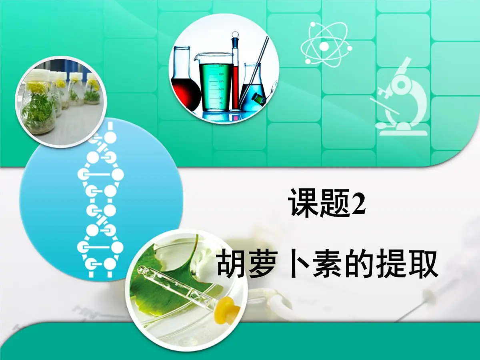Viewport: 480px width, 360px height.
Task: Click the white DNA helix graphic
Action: coord(100,204)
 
